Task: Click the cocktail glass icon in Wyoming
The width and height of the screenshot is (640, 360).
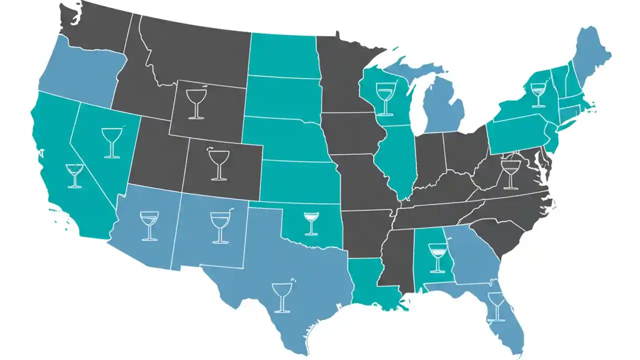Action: point(195,103)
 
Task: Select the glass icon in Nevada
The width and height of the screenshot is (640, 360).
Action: point(112,143)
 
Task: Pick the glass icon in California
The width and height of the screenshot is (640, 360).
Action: point(74,175)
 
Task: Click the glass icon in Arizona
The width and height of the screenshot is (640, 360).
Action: point(149,225)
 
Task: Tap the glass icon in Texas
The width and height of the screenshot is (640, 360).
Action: point(282,297)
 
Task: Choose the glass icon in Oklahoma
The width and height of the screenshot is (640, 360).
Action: point(311,223)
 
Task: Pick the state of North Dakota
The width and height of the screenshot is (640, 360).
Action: point(282,55)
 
